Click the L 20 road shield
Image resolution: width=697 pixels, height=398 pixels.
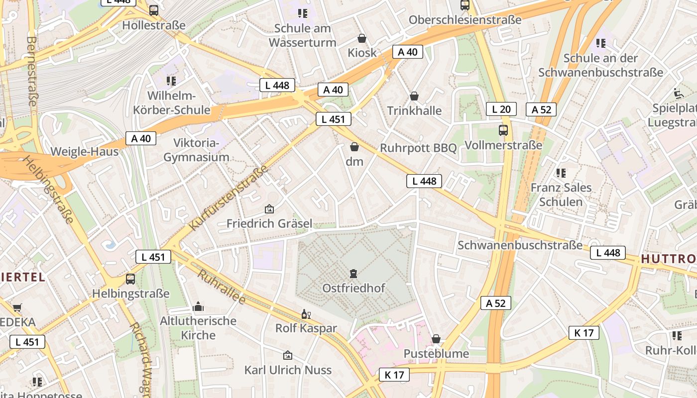click(501, 109)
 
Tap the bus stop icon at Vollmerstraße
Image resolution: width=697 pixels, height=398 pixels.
click(503, 130)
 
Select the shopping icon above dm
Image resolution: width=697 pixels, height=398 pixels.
click(354, 147)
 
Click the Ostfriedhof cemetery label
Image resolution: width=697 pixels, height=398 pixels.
click(353, 288)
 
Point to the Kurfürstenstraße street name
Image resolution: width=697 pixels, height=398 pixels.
click(229, 198)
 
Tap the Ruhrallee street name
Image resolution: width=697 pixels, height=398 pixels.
click(222, 288)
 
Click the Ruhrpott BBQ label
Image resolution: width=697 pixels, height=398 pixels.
click(418, 148)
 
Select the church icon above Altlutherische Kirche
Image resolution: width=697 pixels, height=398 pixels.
click(198, 306)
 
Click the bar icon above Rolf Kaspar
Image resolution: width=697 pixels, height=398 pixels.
click(306, 314)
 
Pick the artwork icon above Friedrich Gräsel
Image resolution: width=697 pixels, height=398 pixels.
click(269, 209)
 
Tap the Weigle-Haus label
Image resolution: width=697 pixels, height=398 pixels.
click(85, 152)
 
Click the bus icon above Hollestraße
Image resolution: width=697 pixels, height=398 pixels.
click(154, 10)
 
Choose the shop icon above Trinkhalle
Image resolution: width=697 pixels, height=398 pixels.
click(414, 96)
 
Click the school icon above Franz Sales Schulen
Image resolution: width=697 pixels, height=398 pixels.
click(561, 173)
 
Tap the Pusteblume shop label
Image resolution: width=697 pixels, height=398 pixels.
click(436, 354)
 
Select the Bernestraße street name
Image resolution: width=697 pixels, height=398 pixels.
click(32, 71)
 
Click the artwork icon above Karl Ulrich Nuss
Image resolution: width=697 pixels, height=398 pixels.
click(287, 355)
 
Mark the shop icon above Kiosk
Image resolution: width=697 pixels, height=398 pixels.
click(362, 38)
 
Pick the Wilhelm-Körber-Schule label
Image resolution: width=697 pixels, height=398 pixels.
click(172, 103)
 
